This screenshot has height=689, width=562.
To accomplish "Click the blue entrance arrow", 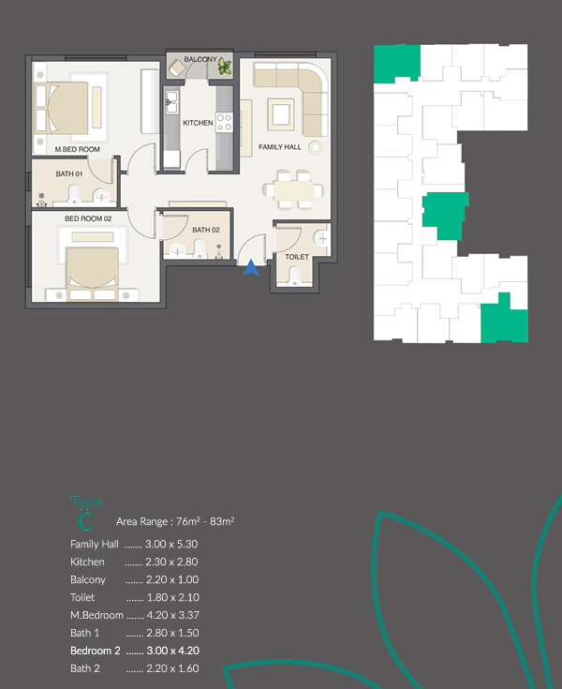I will click(251, 268).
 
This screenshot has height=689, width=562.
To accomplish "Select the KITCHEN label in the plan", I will click(198, 123).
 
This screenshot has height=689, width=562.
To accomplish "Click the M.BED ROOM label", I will click(78, 149).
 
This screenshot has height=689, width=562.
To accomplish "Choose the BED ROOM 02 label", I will click(88, 218).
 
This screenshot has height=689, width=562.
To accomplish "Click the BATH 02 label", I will click(205, 230).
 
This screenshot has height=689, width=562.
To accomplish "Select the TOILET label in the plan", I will click(297, 255).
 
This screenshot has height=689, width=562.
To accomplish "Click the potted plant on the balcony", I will click(225, 66).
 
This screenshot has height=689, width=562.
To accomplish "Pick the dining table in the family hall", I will click(293, 190).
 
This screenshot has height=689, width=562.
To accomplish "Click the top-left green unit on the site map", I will click(396, 64).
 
